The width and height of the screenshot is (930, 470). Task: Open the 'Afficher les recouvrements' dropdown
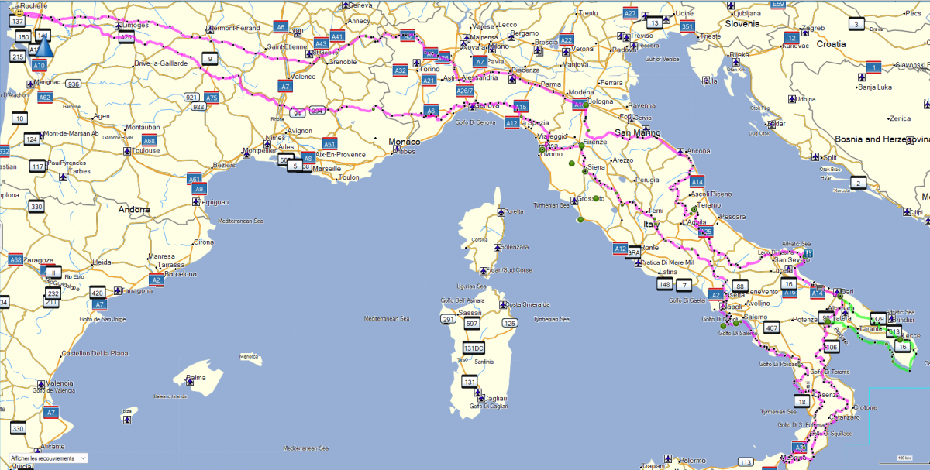click(47, 458)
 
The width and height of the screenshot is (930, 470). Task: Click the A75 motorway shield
click(212, 98)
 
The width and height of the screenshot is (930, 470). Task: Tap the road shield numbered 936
click(74, 84)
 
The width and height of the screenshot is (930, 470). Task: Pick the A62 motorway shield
click(44, 98)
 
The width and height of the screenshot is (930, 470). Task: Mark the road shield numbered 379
click(878, 319)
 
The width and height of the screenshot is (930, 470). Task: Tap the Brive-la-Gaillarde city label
click(160, 63)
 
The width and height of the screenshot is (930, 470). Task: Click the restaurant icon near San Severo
click(808, 252)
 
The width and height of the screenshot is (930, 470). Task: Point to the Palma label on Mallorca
click(195, 378)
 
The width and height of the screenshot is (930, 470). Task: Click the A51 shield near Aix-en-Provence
click(329, 144)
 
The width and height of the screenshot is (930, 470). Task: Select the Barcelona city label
click(179, 273)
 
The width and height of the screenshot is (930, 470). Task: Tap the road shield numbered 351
click(687, 26)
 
